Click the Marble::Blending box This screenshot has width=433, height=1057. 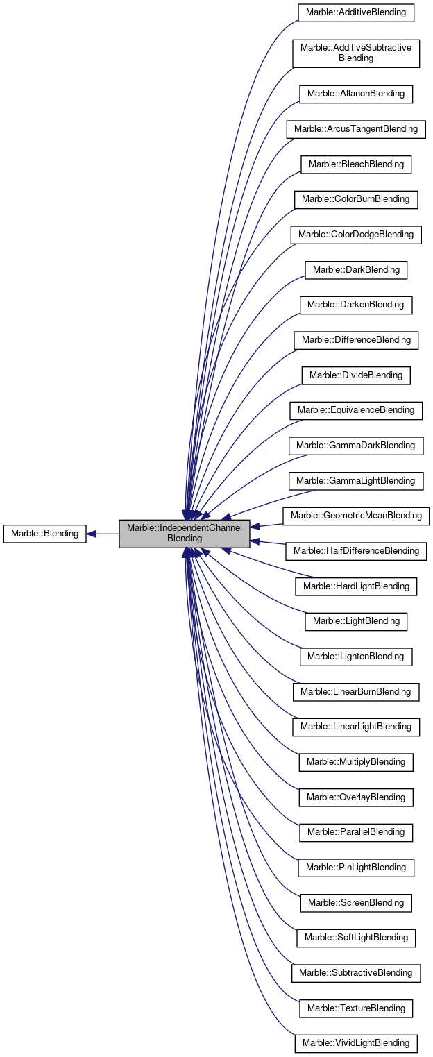pos(44,534)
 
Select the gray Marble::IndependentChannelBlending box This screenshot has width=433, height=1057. pos(184,533)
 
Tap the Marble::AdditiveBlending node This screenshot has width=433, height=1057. pos(356,12)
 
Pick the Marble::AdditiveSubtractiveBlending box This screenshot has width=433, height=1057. pos(356,53)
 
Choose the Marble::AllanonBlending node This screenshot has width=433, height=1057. pos(356,94)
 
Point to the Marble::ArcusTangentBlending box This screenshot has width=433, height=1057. pos(356,128)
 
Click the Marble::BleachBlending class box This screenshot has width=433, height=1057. pos(356,164)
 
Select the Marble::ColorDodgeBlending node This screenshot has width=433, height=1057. pos(356,234)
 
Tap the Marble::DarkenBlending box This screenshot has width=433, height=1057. pos(356,304)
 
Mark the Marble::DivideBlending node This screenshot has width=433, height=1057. pos(356,375)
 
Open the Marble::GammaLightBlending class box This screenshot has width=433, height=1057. pos(356,480)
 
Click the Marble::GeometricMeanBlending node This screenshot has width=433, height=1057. pos(356,515)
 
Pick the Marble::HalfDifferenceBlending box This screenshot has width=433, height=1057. pos(356,550)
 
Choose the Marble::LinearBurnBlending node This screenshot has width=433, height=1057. pos(356,691)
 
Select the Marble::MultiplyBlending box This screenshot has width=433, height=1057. pos(356,761)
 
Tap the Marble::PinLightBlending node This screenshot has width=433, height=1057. pos(356,867)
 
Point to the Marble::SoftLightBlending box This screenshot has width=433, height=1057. pos(356,937)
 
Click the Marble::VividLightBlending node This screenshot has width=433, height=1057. pos(356,1042)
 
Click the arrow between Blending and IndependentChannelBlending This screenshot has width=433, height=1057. pos(103,534)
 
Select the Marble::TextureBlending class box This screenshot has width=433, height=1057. pos(356,1008)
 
